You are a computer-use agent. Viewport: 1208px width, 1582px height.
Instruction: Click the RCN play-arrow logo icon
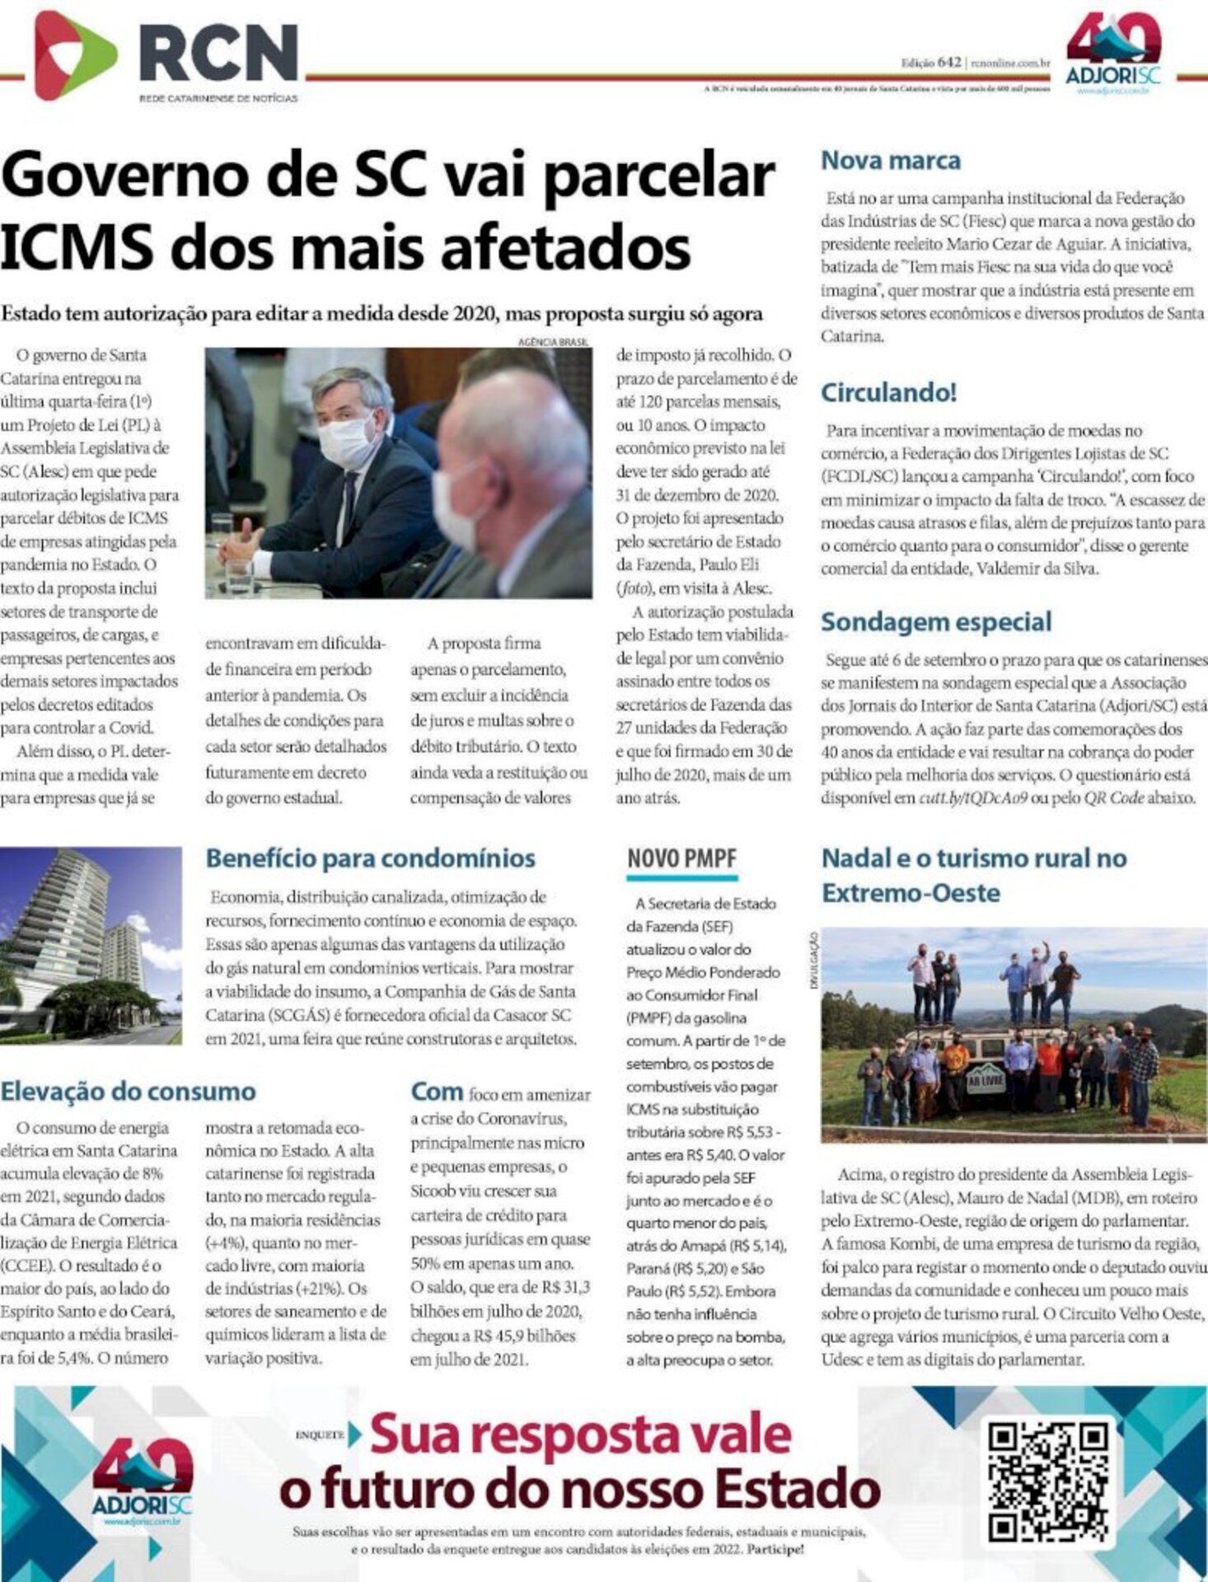[x=63, y=55]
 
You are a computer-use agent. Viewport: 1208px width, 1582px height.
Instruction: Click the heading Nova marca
[x=891, y=160]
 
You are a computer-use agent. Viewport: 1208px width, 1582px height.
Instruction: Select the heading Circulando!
[x=888, y=392]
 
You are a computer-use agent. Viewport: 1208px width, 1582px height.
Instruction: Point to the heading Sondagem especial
[x=936, y=621]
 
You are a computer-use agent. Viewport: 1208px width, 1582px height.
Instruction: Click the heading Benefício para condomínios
[x=370, y=858]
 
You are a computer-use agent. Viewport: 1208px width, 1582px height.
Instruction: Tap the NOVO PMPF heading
[x=681, y=859]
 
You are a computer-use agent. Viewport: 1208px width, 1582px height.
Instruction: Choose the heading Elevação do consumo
[x=129, y=1091]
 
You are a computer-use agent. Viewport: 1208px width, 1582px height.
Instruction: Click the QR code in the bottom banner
[x=1047, y=1481]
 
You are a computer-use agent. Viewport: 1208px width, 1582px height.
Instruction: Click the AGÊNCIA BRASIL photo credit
[x=555, y=341]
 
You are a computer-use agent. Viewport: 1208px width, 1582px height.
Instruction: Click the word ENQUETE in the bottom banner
[x=320, y=1435]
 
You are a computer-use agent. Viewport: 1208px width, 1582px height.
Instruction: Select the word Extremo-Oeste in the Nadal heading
[x=911, y=893]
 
